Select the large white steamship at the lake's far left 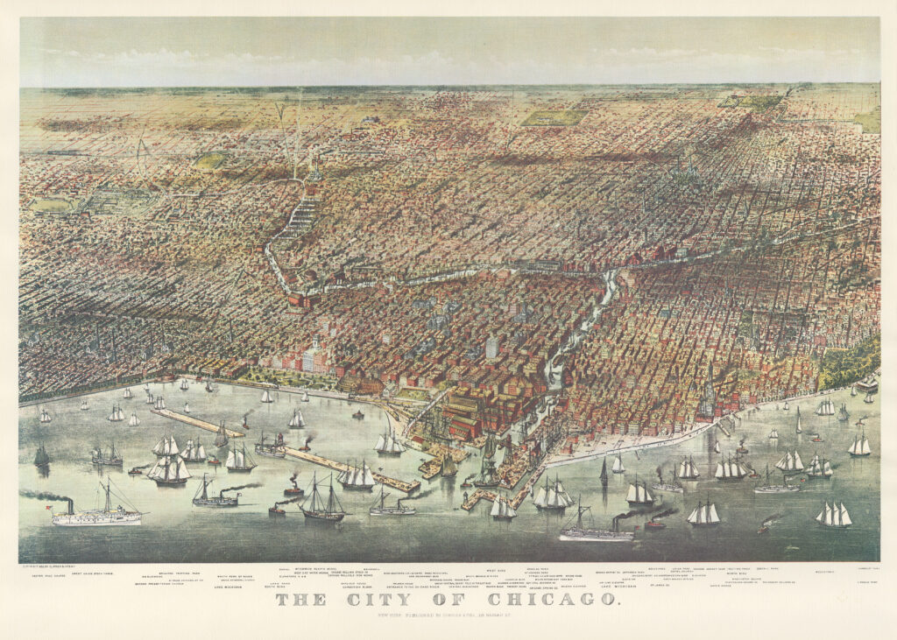[x=96, y=514]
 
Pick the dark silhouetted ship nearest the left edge [x=41, y=455]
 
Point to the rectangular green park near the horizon [x=554, y=117]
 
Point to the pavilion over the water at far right [x=867, y=383]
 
